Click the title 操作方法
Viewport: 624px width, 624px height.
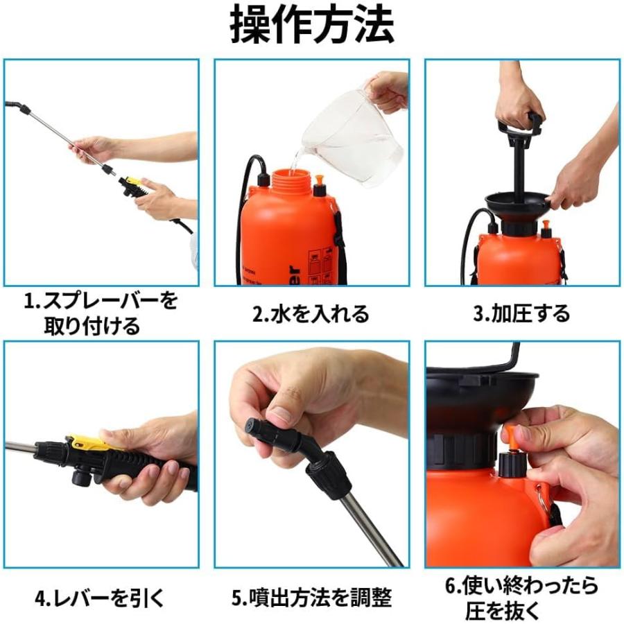312,26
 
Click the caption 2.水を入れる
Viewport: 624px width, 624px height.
311,314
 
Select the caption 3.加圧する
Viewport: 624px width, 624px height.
521,314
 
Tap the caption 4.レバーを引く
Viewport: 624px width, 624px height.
100,598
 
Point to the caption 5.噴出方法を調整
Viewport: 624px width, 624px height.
311,598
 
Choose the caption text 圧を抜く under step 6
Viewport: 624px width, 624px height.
521,610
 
